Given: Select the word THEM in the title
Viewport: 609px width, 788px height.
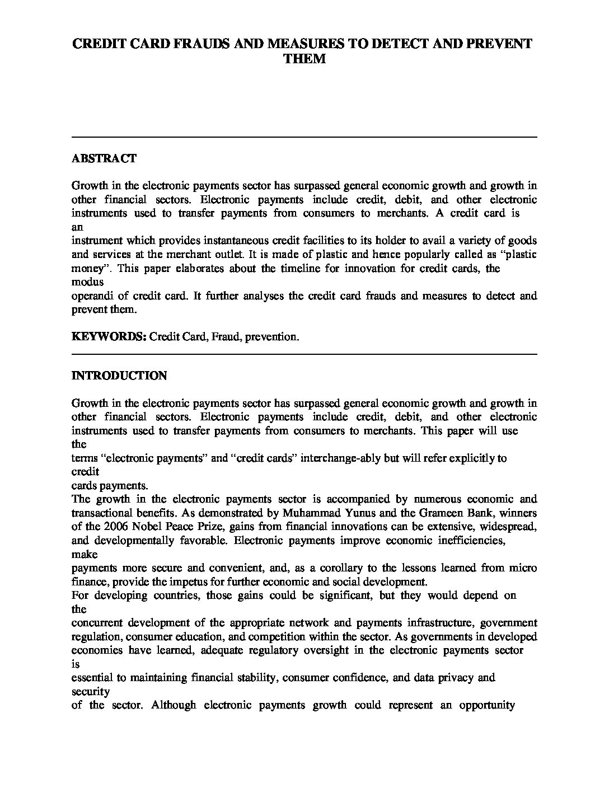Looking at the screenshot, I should [304, 59].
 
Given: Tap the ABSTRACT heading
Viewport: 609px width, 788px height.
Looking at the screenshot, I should [104, 158].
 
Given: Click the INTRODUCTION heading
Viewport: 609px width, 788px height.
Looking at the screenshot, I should [119, 376].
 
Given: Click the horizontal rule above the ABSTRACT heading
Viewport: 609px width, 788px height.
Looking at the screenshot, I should [304, 137].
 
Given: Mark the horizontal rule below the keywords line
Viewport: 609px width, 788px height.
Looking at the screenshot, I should [304, 354].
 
